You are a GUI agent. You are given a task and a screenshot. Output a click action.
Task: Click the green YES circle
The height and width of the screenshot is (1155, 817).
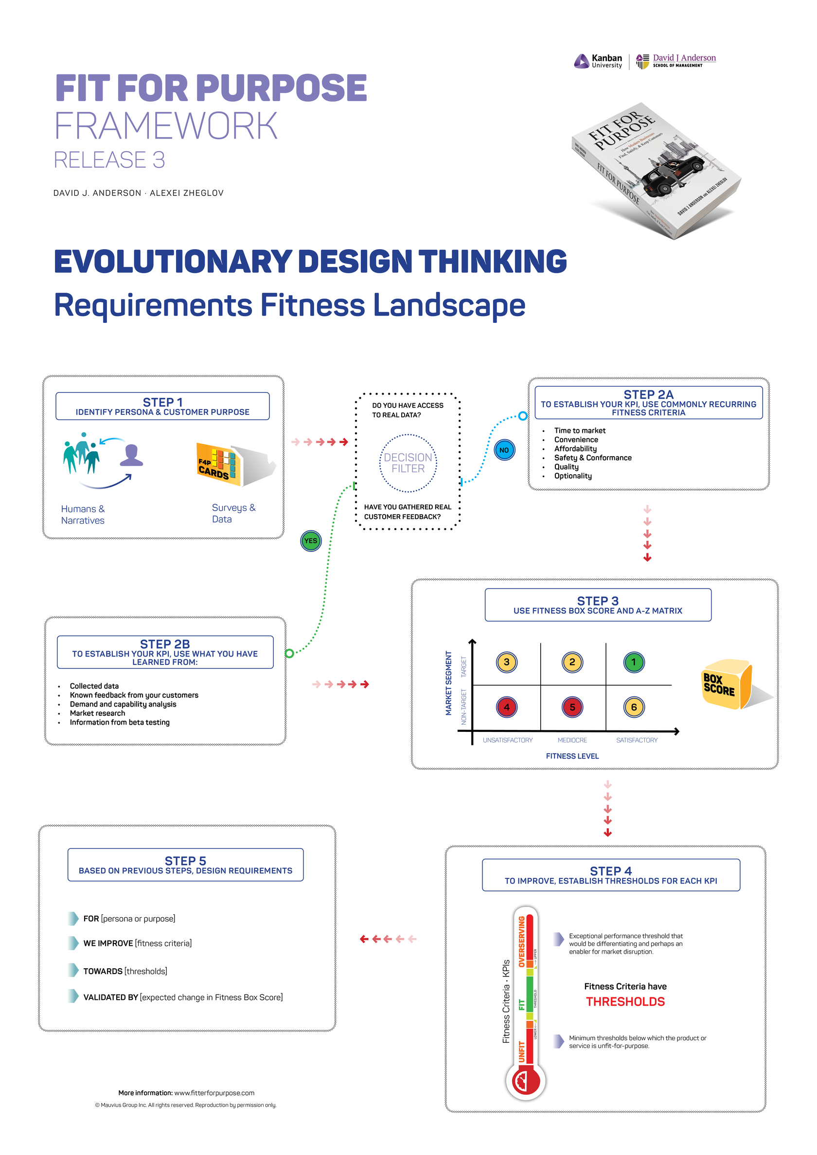[x=310, y=541]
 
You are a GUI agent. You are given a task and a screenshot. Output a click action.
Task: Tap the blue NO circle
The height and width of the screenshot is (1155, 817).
[x=504, y=450]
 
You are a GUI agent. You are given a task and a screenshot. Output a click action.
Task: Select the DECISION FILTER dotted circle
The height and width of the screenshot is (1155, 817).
[x=408, y=463]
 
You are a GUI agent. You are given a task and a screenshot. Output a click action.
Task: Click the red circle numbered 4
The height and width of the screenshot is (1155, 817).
[x=507, y=707]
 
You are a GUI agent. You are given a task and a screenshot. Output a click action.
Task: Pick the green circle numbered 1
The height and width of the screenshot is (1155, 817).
[x=633, y=662]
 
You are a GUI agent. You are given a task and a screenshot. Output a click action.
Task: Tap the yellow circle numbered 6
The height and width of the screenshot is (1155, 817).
[x=633, y=707]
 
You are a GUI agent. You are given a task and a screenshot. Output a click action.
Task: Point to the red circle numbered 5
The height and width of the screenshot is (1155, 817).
[x=572, y=707]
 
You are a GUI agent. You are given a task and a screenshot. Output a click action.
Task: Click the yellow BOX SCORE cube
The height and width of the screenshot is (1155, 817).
[x=725, y=684]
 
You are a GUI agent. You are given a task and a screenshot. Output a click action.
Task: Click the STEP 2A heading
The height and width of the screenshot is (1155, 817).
[x=648, y=394]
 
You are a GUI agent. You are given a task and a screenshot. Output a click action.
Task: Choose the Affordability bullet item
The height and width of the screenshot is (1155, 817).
[x=575, y=449]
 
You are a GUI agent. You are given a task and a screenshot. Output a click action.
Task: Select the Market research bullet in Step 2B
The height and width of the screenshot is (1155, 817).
[x=98, y=713]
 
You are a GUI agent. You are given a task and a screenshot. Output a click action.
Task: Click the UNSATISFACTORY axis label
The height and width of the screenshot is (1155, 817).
[x=507, y=740]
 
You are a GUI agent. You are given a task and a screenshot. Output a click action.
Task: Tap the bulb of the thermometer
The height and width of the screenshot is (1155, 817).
[x=525, y=1080]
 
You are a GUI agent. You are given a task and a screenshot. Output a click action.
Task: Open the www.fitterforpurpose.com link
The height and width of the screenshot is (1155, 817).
[x=214, y=1093]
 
